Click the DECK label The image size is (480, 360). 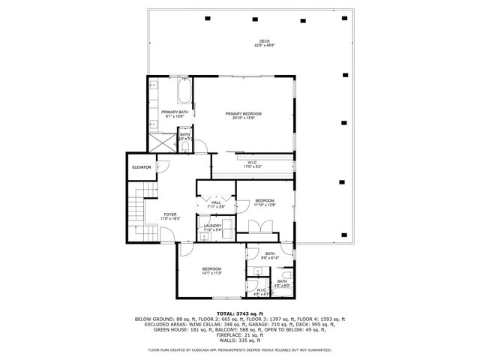pos(264,41)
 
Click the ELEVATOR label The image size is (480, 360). pos(142,167)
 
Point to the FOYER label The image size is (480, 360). pos(170,214)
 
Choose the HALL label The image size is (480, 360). pos(216,202)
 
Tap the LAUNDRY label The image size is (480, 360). pos(212,226)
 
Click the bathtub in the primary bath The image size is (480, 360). pos(182,94)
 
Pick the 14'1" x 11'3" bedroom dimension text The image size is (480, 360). pos(211,273)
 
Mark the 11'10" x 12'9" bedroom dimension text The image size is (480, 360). pos(265,205)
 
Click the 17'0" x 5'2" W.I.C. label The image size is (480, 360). pos(253,166)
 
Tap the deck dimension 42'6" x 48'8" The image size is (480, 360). pos(264,46)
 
